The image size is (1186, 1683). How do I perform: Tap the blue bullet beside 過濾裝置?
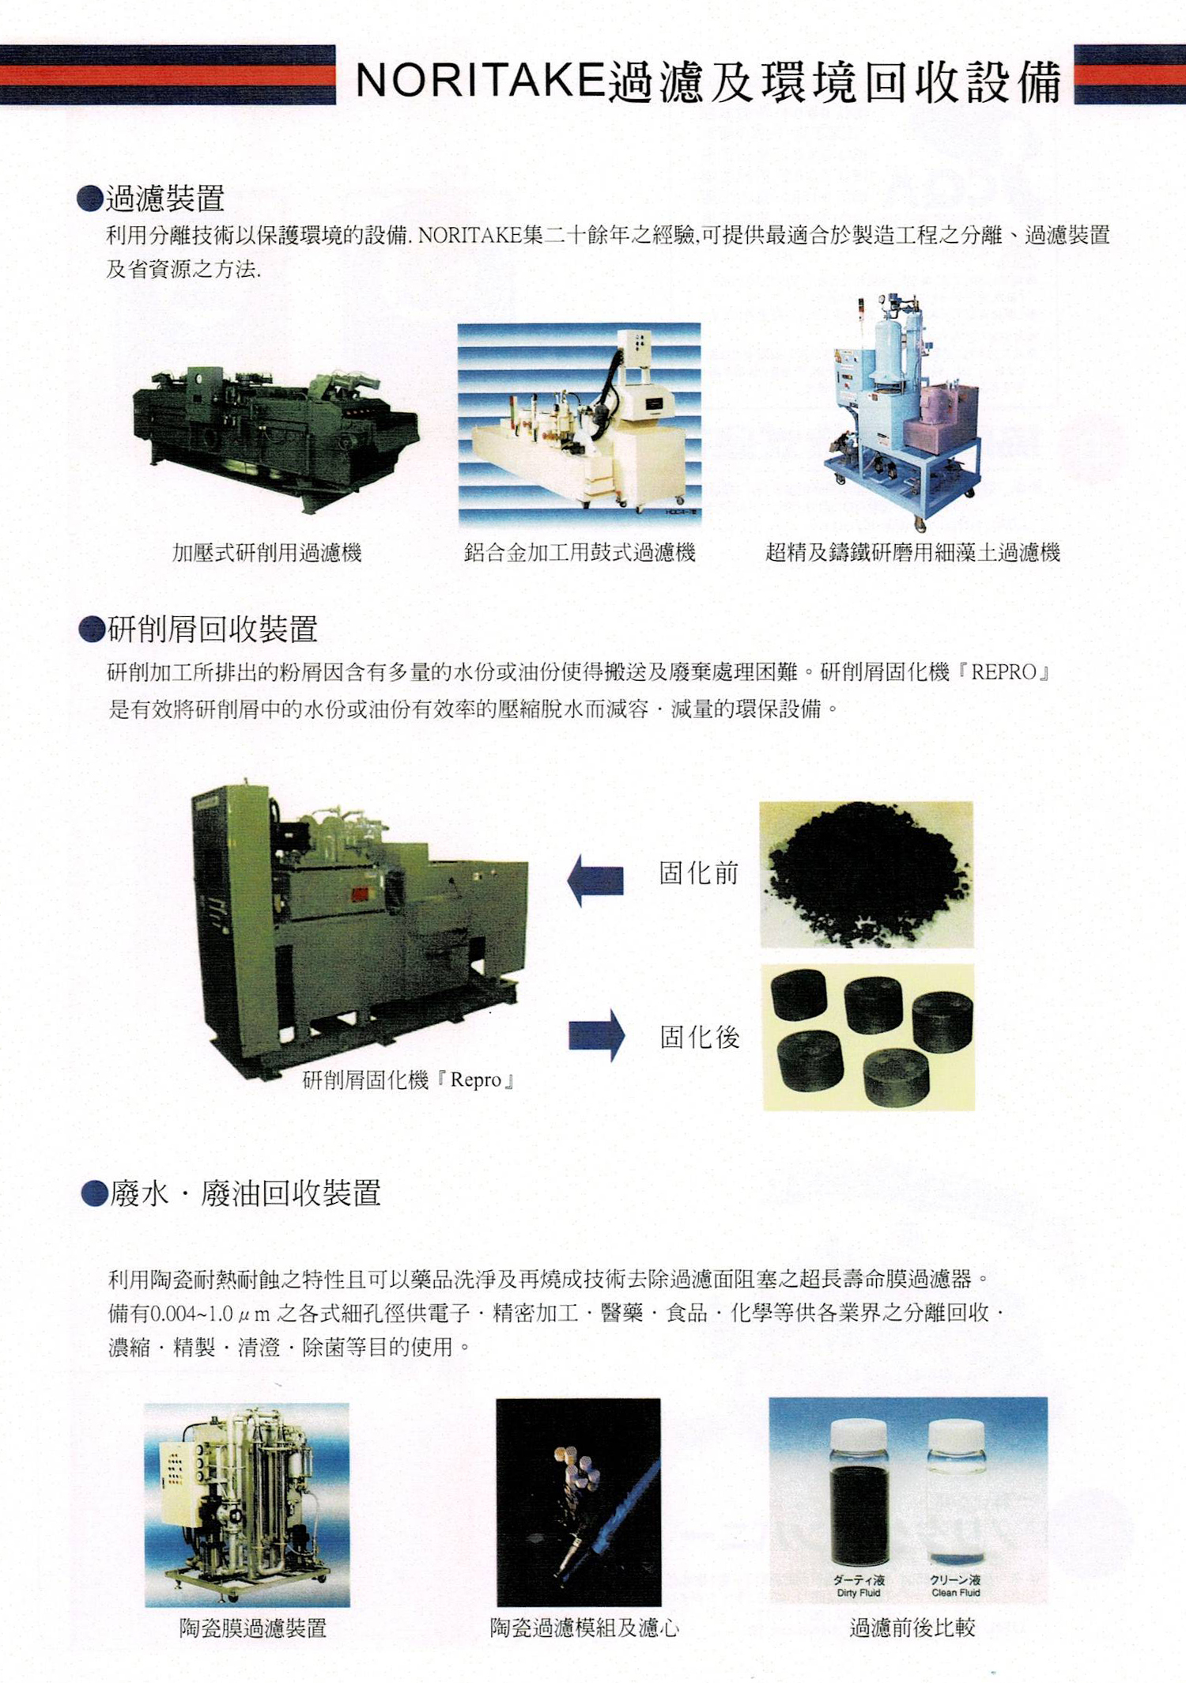coord(90,199)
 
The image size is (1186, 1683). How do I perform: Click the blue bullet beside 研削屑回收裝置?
coord(93,630)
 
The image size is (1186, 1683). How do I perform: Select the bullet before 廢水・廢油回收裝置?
coord(95,1193)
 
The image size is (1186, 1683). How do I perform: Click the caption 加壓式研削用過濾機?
coord(267,553)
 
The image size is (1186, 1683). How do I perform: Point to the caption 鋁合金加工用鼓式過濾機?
coord(580,553)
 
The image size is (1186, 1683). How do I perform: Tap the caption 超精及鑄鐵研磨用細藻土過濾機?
coord(912,553)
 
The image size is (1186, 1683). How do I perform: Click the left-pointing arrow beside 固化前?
coord(596,880)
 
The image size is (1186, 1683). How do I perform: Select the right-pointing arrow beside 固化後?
coord(597,1035)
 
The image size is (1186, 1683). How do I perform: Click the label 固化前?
coord(699,873)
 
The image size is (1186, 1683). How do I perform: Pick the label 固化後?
coord(700,1037)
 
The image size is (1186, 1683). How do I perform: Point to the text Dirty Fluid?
coord(858,1593)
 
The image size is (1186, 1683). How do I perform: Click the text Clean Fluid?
coord(955,1593)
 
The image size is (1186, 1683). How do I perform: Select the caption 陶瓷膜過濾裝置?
coord(253,1628)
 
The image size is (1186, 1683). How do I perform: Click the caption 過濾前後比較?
coord(912,1628)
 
